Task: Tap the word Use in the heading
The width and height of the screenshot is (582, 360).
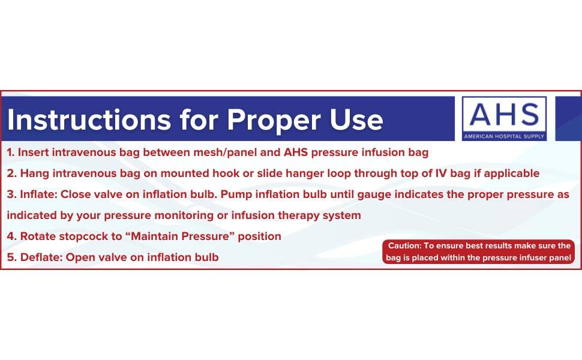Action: click(x=356, y=120)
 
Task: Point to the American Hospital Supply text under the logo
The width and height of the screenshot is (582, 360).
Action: click(x=503, y=137)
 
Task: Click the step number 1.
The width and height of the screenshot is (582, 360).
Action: click(x=10, y=152)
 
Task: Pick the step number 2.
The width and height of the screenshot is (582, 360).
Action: click(x=11, y=173)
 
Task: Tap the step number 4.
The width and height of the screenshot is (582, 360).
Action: click(x=11, y=236)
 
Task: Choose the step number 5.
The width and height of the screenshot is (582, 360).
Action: click(x=11, y=257)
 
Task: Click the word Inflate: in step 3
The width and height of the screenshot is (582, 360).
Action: click(x=38, y=194)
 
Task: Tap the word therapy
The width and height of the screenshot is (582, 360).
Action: click(x=289, y=215)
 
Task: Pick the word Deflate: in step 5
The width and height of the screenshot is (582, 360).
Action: click(x=41, y=257)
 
